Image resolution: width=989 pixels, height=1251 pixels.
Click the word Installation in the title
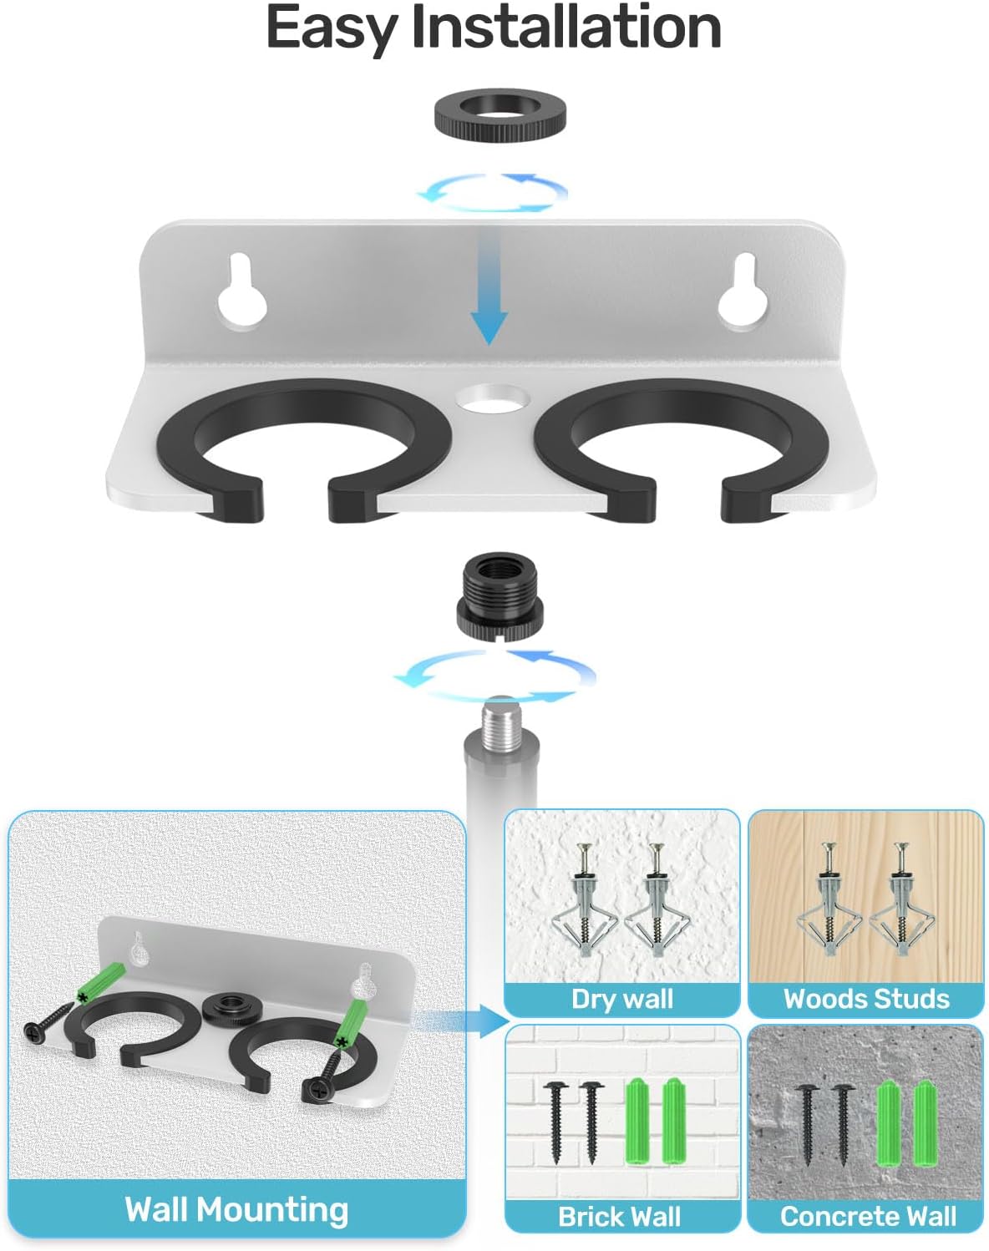click(x=566, y=28)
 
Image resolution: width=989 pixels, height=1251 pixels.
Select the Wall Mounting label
click(x=236, y=1209)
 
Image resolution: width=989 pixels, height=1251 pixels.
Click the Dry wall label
click(x=622, y=999)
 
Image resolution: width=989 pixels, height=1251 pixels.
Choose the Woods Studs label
click(x=866, y=999)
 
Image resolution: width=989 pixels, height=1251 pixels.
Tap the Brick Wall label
click(x=620, y=1216)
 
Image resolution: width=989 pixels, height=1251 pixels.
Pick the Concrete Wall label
click(x=868, y=1216)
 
